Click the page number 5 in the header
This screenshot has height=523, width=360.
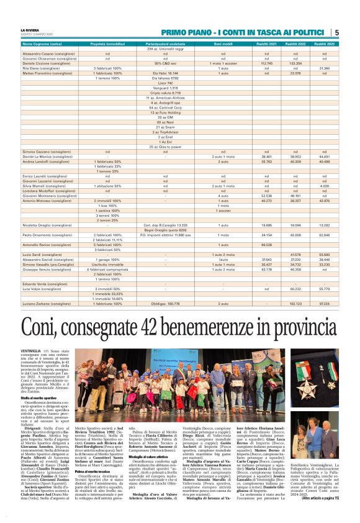click(x=336, y=32)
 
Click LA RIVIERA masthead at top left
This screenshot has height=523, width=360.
click(x=32, y=29)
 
